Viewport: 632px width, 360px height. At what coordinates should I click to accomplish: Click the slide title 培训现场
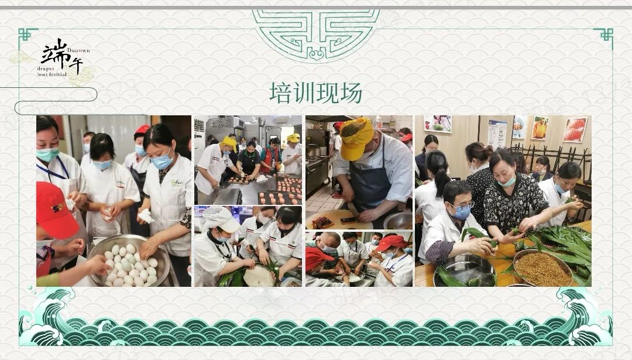pos(315,93)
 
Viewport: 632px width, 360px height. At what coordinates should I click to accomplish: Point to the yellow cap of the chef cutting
pos(356,137)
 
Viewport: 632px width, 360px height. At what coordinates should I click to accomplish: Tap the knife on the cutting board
pos(353,210)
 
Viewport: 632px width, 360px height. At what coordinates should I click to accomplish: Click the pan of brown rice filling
pos(542,268)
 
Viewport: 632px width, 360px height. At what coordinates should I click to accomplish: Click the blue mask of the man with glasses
pos(461,212)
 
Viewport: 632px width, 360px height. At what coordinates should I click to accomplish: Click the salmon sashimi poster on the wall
pos(575,129)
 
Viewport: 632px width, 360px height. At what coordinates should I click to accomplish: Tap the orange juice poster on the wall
pos(540,128)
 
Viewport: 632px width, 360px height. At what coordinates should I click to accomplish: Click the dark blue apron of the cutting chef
pos(369,178)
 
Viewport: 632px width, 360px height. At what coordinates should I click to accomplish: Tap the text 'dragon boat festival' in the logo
pos(52,71)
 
